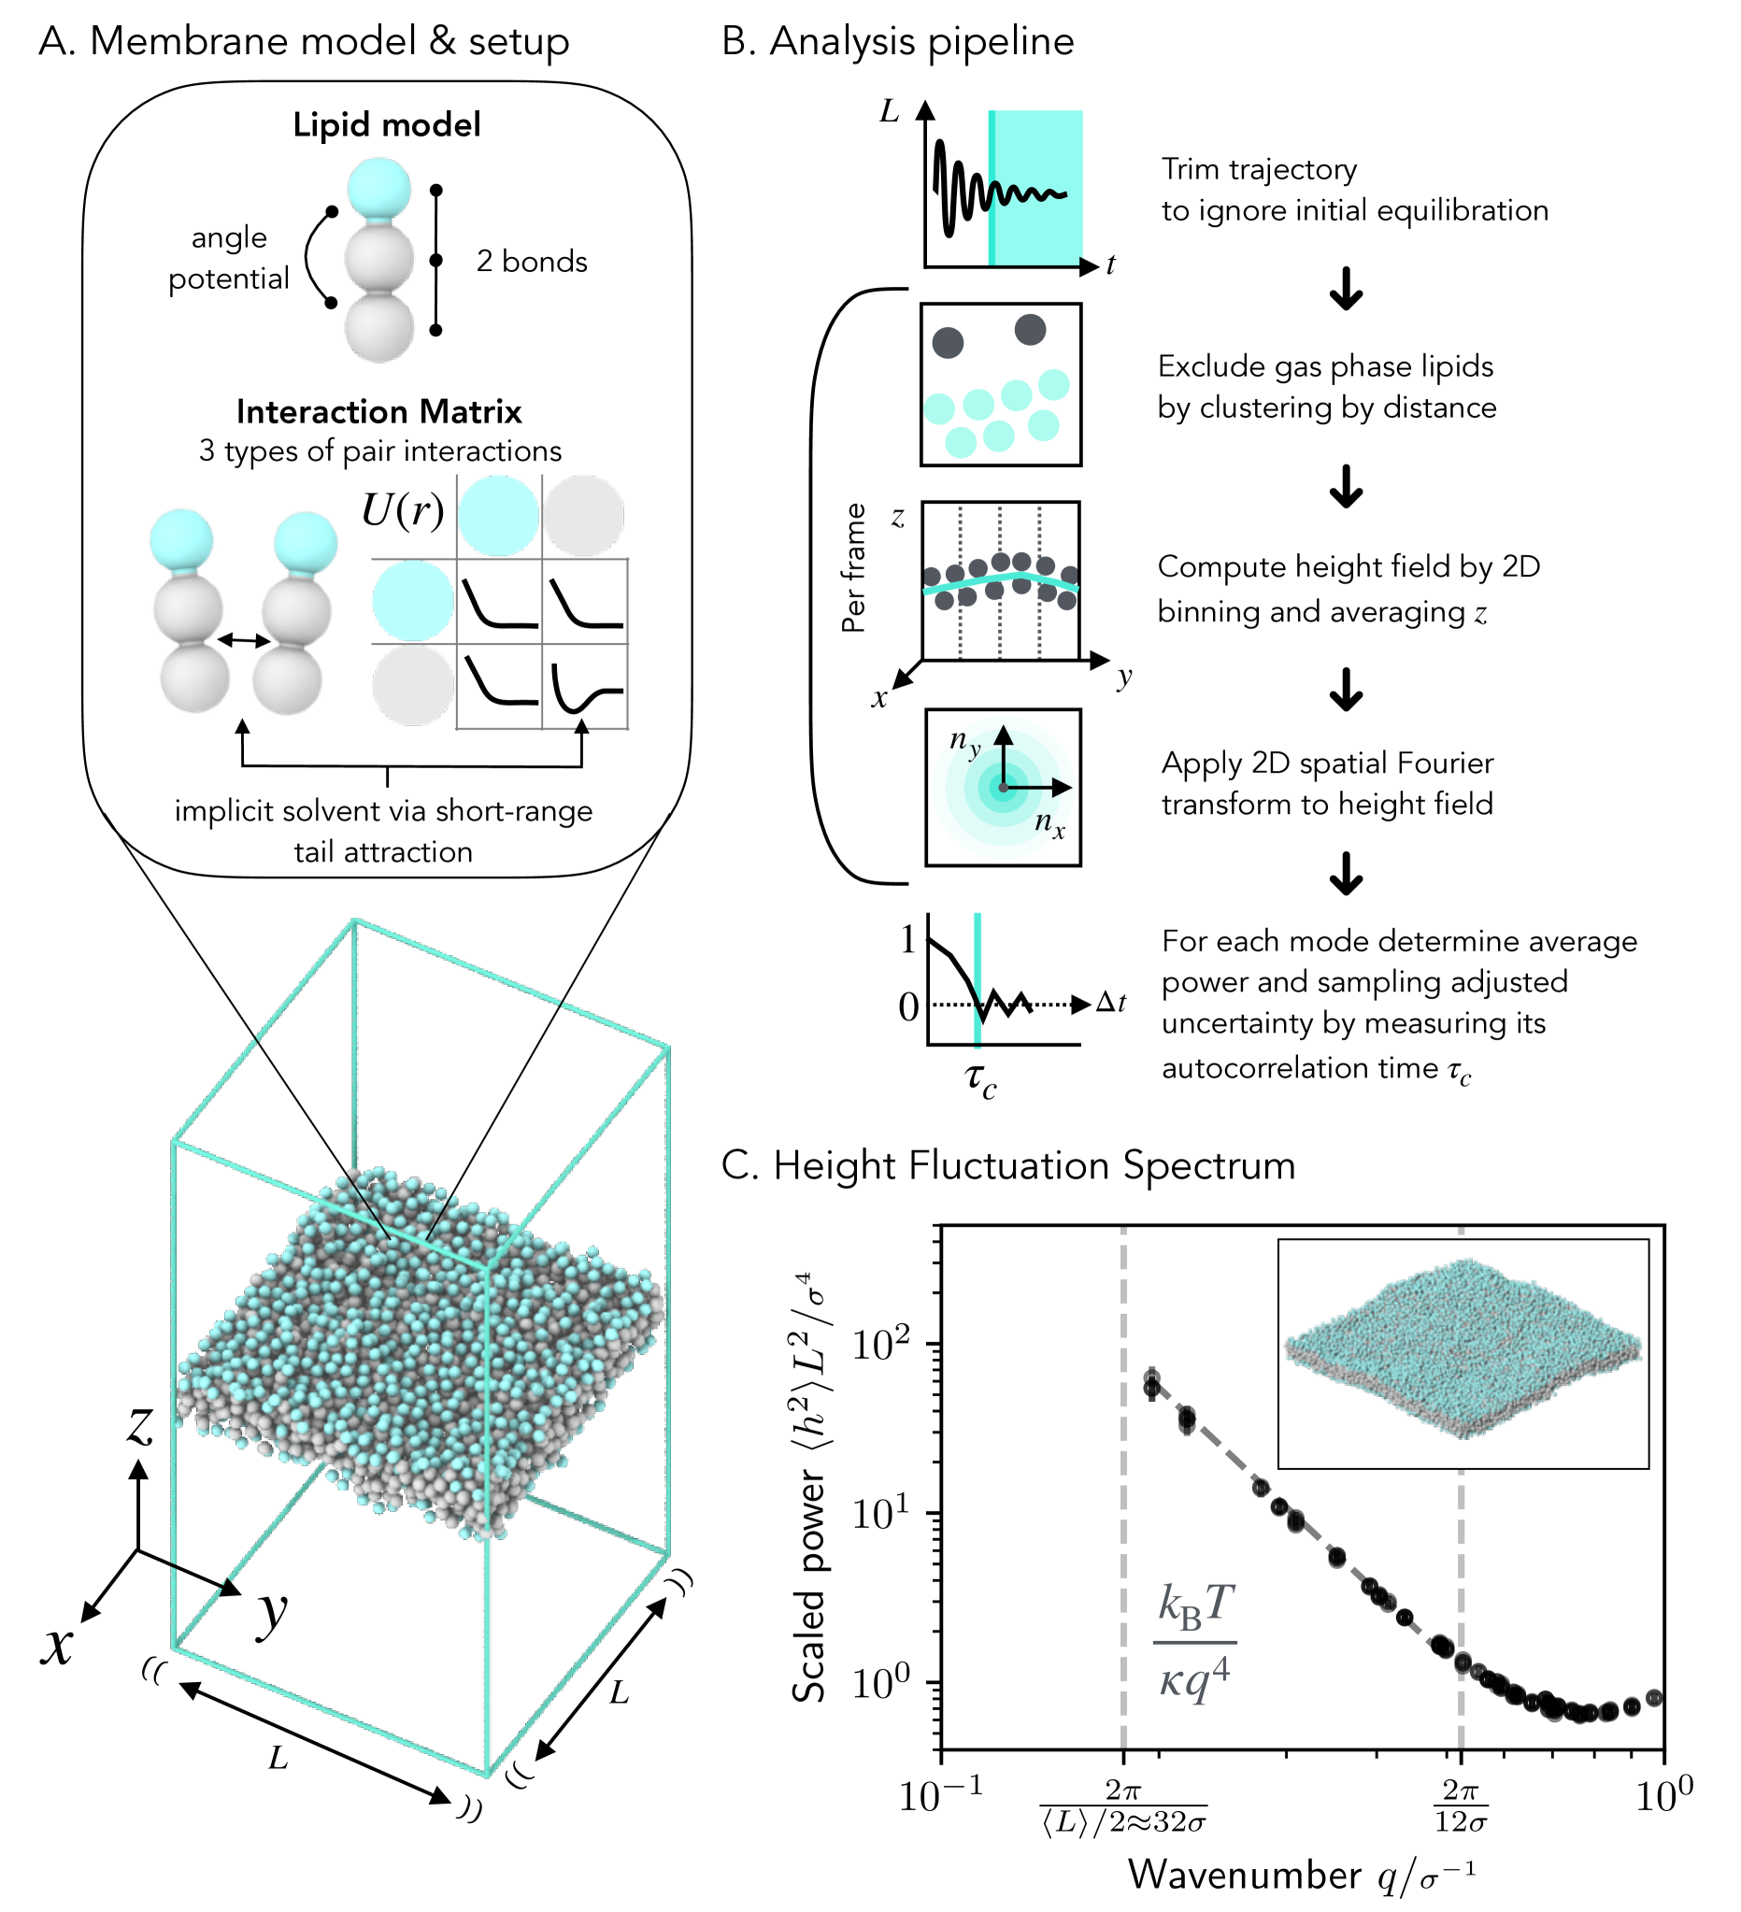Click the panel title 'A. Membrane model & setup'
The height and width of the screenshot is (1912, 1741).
click(x=304, y=42)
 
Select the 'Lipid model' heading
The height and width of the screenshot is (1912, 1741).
click(x=386, y=125)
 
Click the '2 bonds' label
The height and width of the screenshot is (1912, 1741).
click(x=531, y=261)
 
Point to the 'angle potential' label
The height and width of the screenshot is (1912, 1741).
click(x=229, y=258)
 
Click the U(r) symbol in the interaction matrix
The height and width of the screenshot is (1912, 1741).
click(x=403, y=511)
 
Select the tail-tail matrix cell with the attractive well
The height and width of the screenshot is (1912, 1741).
click(x=585, y=687)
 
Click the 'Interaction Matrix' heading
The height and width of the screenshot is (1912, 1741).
click(x=379, y=411)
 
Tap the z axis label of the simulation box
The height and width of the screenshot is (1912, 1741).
click(x=140, y=1424)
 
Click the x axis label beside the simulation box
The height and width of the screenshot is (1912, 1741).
click(x=57, y=1646)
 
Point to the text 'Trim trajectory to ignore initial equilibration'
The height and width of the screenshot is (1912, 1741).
click(x=1354, y=190)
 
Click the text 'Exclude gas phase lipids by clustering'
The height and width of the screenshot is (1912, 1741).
click(x=1327, y=387)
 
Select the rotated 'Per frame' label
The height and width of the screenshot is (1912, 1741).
click(x=854, y=568)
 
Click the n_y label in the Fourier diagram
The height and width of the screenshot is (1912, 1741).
click(x=965, y=742)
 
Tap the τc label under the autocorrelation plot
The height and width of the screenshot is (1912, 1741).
click(x=980, y=1079)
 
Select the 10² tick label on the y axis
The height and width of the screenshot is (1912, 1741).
click(x=881, y=1344)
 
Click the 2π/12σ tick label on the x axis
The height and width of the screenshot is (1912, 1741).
click(x=1461, y=1806)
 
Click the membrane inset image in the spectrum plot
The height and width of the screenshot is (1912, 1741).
click(x=1463, y=1354)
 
